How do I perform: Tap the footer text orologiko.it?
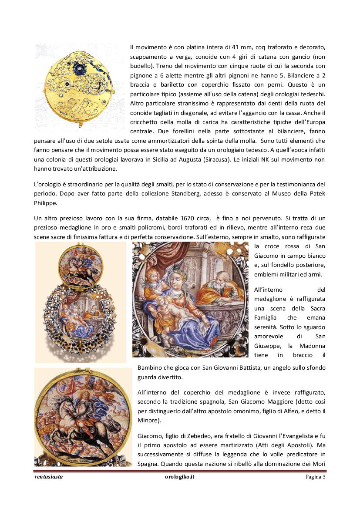point(179,477)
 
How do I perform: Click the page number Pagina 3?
point(315,477)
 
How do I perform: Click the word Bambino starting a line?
point(151,368)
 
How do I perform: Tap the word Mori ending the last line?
point(318,464)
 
